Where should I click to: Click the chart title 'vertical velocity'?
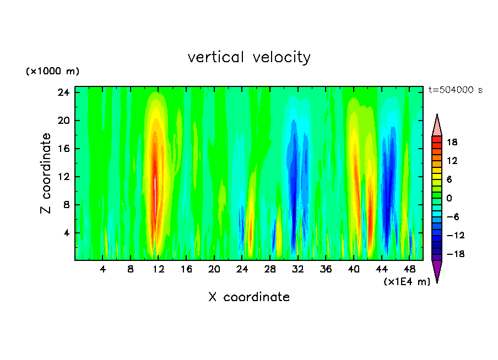coord(249,57)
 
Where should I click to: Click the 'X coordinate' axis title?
coord(249,297)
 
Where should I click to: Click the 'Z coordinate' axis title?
coord(46,173)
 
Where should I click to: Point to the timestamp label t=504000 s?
coord(456,90)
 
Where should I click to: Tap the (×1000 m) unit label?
coord(53,72)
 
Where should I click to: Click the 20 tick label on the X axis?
coord(214,270)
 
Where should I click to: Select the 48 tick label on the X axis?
coord(410,270)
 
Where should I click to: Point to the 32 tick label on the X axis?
coord(298,270)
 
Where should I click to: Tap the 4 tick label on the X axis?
coord(103,270)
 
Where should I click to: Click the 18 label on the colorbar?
coord(452,142)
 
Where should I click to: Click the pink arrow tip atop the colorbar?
coord(437,125)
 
